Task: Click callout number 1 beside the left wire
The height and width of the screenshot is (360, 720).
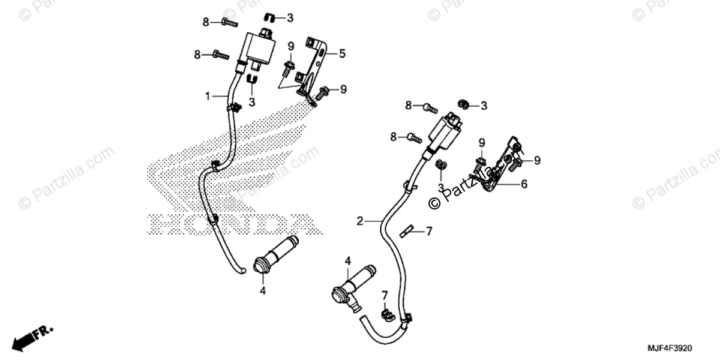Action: click(208, 96)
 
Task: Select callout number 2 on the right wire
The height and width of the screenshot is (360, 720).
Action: click(359, 221)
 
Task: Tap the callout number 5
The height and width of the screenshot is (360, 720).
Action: click(342, 53)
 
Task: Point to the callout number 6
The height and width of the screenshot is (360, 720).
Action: click(524, 184)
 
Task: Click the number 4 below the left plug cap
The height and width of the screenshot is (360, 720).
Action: click(262, 291)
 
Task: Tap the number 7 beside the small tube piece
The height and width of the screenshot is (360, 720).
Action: click(428, 230)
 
